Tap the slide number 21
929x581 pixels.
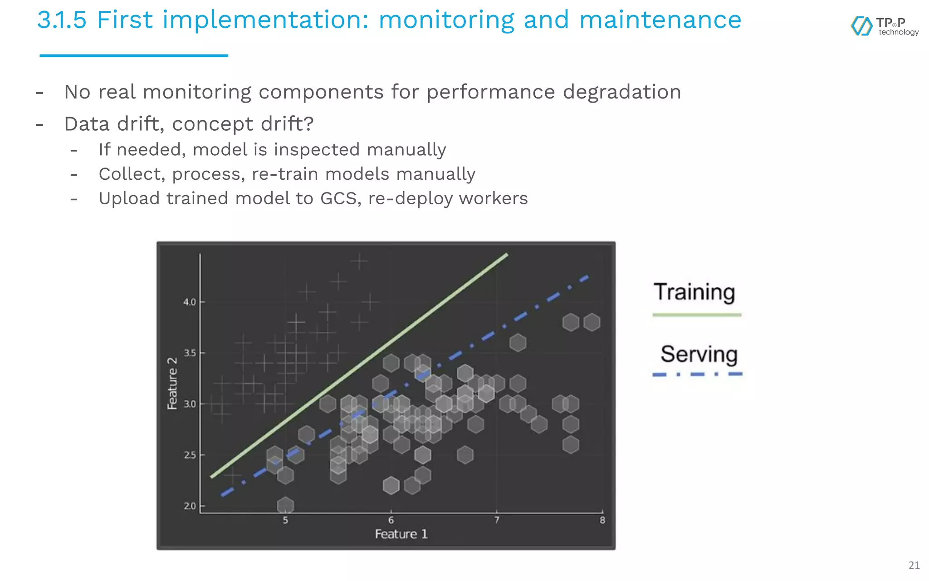tap(914, 565)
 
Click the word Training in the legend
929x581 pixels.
tap(694, 292)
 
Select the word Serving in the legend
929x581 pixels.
tap(699, 354)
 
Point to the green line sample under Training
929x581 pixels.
tap(697, 315)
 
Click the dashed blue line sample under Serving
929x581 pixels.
tap(697, 374)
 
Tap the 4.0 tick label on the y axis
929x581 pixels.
tap(189, 302)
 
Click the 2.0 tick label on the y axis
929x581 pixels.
tap(190, 506)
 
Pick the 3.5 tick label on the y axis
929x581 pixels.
tap(189, 353)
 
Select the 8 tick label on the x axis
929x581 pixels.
tap(602, 520)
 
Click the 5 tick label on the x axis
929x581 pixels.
tap(285, 520)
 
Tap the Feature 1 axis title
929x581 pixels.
tap(401, 534)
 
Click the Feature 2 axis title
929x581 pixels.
tap(172, 384)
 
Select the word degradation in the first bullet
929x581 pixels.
tap(622, 92)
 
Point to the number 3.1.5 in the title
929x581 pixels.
tap(62, 20)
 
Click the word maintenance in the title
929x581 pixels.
tap(660, 20)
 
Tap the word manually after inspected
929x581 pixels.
tap(406, 150)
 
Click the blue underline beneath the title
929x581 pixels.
tap(134, 55)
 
